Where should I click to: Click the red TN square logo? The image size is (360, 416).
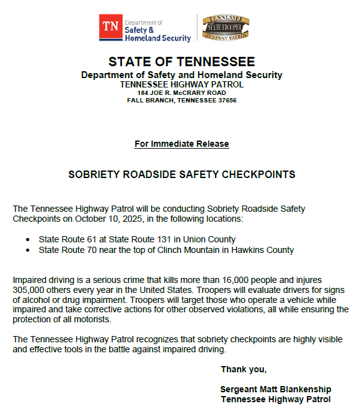[111, 27]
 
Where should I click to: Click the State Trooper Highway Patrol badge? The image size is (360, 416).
[224, 29]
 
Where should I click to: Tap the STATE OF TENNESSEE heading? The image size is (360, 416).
[182, 62]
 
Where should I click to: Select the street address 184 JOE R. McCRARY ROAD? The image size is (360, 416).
[182, 93]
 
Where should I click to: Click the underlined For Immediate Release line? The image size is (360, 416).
[182, 144]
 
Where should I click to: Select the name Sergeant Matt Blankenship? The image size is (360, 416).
[276, 389]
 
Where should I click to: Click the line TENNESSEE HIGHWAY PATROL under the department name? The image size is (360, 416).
[182, 84]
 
